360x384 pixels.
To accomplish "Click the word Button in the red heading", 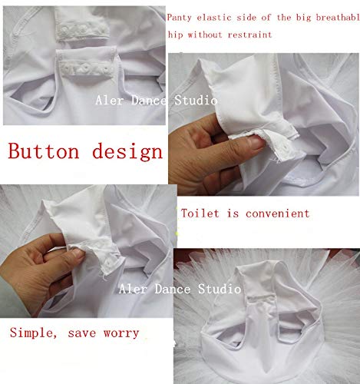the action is pos(44,151).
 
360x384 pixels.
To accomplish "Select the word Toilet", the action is pos(200,214).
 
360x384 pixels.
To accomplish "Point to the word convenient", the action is pos(278,214).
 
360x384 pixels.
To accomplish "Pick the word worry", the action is pos(121,333).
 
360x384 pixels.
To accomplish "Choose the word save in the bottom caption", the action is pos(82,333).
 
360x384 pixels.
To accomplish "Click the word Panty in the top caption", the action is pos(179,18).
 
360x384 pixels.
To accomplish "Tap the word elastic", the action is pos(214,18).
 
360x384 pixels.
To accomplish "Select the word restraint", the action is pos(249,35).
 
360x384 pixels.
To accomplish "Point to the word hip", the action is pos(175,35).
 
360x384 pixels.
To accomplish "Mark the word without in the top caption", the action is pos(205,35).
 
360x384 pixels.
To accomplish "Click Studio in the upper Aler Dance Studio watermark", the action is pos(196,100).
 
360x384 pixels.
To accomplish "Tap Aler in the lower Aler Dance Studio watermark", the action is pos(134,290).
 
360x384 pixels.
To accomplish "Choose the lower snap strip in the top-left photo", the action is pos(86,66).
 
